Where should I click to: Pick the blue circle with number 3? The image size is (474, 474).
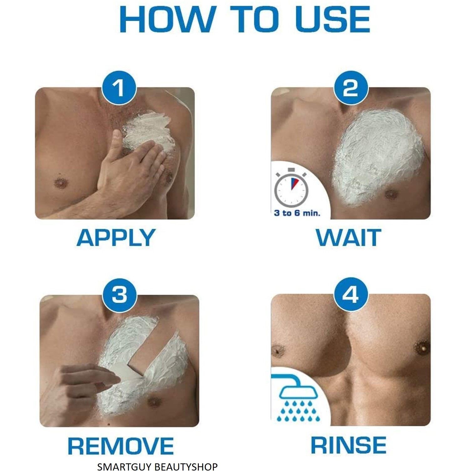pyautogui.click(x=119, y=295)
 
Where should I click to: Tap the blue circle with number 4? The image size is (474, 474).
pyautogui.click(x=350, y=294)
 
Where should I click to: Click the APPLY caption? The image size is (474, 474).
pyautogui.click(x=116, y=238)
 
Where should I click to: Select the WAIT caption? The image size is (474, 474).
pyautogui.click(x=348, y=238)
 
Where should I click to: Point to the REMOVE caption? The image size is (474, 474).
pyautogui.click(x=121, y=446)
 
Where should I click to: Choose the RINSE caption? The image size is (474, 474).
pyautogui.click(x=348, y=445)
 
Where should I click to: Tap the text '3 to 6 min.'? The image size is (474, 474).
pyautogui.click(x=297, y=213)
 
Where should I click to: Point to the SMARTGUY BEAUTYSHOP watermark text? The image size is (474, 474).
pyautogui.click(x=157, y=467)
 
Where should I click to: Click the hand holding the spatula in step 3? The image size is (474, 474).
pyautogui.click(x=78, y=385)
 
